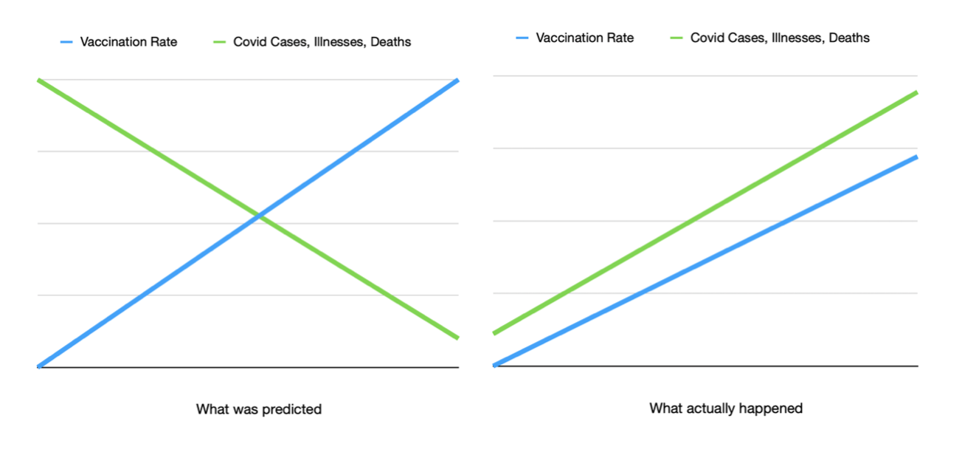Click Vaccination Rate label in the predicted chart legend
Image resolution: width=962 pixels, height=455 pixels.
[x=128, y=42]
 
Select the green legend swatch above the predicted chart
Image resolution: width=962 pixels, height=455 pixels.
[x=220, y=42]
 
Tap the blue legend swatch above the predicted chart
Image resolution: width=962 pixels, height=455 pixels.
[x=66, y=42]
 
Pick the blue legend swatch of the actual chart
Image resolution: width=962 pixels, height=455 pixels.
[x=523, y=38]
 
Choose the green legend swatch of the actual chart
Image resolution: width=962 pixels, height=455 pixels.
[x=676, y=38]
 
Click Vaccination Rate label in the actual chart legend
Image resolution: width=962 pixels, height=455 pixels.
[x=584, y=38]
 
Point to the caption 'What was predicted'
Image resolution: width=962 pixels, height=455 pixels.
[x=258, y=409]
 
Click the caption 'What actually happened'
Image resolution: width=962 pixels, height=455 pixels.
[x=726, y=408]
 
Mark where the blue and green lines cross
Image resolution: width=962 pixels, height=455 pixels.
[x=259, y=216]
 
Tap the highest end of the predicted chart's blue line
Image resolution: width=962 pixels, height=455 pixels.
[x=457, y=80]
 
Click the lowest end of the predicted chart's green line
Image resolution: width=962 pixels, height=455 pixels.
[x=457, y=338]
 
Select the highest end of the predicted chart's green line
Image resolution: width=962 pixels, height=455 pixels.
[x=38, y=80]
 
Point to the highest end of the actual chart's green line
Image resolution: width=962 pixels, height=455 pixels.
[x=916, y=92]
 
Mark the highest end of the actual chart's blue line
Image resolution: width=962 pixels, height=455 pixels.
[x=916, y=157]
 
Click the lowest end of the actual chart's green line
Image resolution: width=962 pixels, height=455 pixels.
[x=494, y=333]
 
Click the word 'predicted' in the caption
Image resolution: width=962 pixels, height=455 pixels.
[x=293, y=409]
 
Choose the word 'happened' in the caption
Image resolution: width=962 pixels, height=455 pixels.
[x=774, y=408]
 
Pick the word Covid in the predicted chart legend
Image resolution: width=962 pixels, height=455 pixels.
[x=249, y=42]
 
